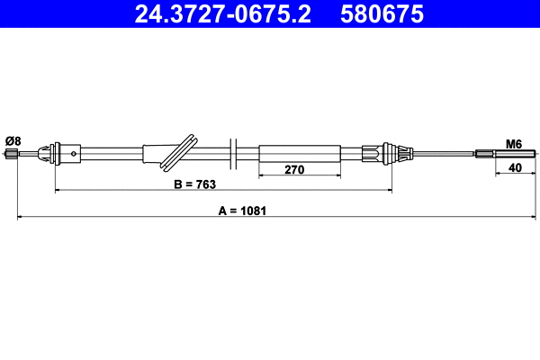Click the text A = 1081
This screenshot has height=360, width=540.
[245, 210]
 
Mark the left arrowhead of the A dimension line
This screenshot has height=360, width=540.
[21, 217]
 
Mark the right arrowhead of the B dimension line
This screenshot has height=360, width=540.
[389, 190]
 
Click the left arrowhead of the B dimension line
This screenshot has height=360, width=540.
[58, 190]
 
